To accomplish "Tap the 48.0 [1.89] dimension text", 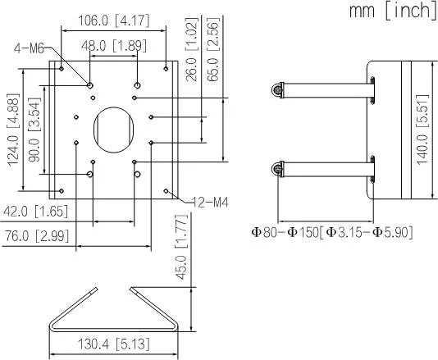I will click(114, 47).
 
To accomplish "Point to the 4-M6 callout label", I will click(32, 48).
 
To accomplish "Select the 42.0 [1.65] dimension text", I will click(34, 212).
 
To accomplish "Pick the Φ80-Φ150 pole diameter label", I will click(331, 233).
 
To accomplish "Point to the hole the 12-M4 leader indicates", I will click(167, 191).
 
